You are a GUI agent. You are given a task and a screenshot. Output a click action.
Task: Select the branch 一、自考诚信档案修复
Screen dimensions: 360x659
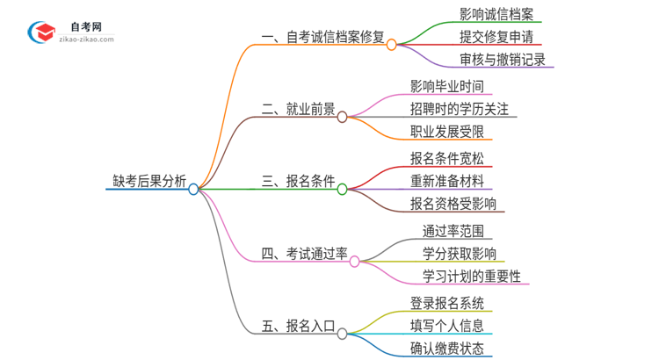[x=323, y=38]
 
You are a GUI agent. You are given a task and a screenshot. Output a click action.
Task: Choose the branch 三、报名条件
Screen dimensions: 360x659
[x=299, y=182]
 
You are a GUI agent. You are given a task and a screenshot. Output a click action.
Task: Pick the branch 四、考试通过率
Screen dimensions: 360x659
[x=305, y=254]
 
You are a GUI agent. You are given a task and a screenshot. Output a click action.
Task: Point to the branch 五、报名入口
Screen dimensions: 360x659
[x=299, y=327]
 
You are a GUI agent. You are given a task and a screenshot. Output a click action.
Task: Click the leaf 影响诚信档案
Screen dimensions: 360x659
[x=496, y=14]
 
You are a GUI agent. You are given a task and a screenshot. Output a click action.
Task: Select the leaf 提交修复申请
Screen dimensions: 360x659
[x=496, y=37]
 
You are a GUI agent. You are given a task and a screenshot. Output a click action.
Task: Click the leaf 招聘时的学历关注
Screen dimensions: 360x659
[x=459, y=109]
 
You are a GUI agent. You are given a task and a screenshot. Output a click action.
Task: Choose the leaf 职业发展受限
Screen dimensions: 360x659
[x=446, y=132]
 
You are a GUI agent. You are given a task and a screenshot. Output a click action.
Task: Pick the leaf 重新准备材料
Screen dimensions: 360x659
[x=446, y=181]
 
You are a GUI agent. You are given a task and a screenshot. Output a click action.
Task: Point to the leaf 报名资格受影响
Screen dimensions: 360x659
[x=453, y=204]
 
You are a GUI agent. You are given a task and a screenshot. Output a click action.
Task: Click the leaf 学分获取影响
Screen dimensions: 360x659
[x=459, y=253]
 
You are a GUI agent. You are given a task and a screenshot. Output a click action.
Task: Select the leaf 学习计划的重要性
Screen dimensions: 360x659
[x=471, y=276]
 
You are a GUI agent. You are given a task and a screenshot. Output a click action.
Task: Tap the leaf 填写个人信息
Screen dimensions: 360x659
[x=446, y=325]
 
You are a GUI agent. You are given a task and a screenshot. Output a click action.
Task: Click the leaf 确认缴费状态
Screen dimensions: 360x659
[x=446, y=348]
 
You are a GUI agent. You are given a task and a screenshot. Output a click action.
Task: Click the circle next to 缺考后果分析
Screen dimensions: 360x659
[x=193, y=189]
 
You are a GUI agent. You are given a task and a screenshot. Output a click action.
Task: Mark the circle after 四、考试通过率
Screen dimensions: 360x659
[x=355, y=261]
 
